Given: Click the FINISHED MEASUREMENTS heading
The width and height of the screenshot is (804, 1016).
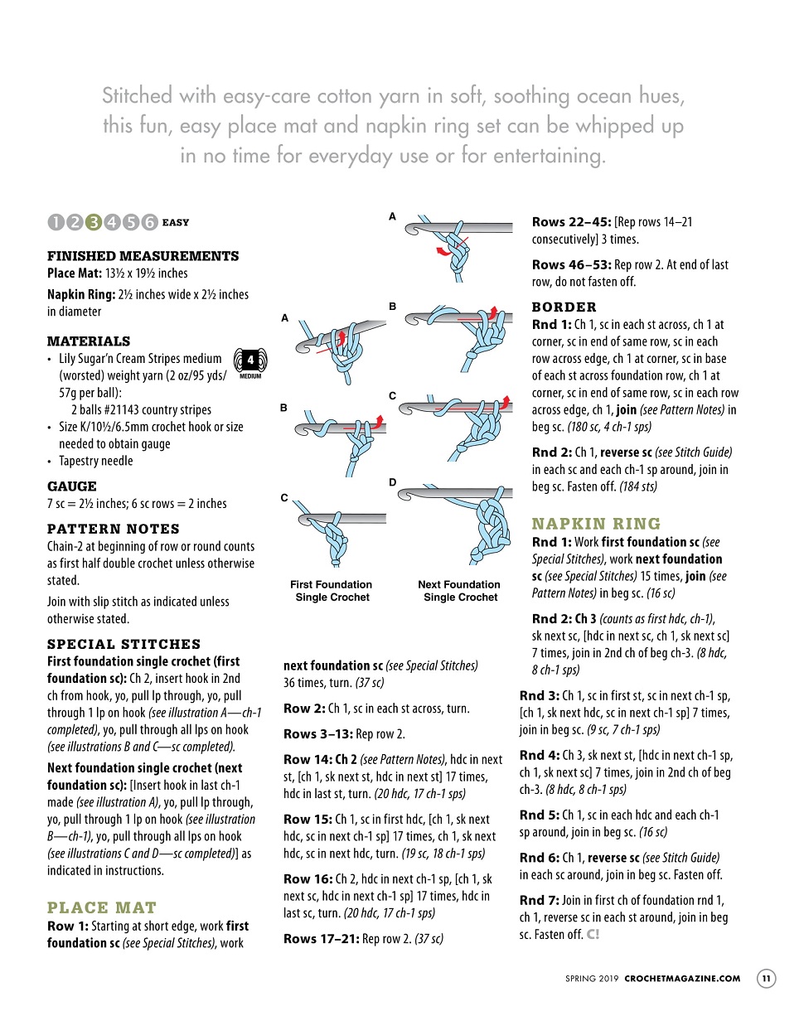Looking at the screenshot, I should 143,256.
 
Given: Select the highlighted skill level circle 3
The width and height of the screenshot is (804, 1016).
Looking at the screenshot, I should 94,222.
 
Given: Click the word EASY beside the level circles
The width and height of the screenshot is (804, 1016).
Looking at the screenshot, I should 176,222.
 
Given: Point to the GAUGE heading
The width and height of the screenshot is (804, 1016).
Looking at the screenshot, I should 72,486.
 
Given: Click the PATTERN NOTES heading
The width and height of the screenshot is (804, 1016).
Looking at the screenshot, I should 113,529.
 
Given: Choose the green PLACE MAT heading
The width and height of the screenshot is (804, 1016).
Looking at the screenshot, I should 102,907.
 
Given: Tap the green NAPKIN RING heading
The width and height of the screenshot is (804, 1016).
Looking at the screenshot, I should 597,524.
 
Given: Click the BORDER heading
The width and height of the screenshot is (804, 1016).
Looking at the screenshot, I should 564,307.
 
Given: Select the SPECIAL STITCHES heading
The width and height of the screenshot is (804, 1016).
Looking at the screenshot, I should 124,644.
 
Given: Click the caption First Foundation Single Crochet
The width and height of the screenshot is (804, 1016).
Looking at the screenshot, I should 332,591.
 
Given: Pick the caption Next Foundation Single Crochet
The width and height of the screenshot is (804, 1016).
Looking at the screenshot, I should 459,591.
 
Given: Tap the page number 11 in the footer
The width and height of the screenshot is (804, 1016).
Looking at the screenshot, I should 766,979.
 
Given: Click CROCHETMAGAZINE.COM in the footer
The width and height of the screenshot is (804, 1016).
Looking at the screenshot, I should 682,979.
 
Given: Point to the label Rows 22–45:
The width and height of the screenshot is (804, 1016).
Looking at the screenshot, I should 571,222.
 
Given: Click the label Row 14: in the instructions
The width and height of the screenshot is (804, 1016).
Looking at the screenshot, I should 308,759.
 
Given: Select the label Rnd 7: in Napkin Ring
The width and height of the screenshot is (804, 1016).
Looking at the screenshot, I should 539,900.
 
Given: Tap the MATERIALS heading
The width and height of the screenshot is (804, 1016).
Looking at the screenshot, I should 89,341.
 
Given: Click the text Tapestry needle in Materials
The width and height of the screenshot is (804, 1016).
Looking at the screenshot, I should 95,461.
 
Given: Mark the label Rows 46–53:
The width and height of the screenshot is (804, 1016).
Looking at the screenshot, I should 571,264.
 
